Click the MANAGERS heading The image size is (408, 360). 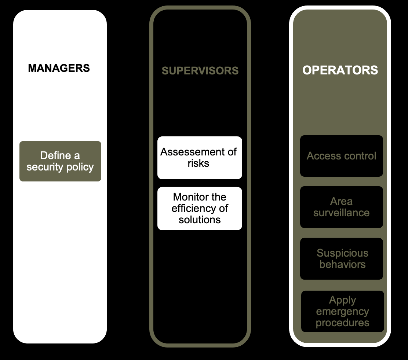(59, 68)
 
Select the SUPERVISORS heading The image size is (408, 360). (200, 70)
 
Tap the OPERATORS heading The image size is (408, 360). (340, 70)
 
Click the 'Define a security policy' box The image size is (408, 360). (60, 161)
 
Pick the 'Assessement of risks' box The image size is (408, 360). (200, 158)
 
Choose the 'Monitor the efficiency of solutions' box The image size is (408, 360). (200, 208)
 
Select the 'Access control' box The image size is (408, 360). (341, 156)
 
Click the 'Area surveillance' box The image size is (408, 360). (341, 207)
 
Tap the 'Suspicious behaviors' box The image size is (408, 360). (341, 259)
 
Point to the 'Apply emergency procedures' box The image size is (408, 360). (342, 311)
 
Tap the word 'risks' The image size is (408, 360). (198, 163)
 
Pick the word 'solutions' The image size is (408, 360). (200, 220)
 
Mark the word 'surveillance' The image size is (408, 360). (341, 213)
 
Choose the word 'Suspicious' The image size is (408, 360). (342, 253)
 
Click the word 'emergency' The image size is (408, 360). (342, 312)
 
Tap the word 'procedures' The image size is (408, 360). (342, 323)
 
